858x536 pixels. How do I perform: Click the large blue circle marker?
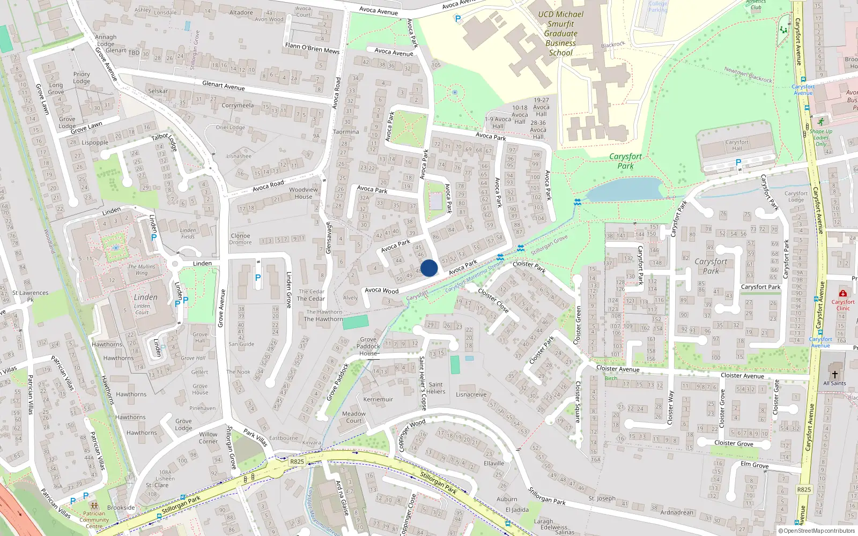[x=429, y=268]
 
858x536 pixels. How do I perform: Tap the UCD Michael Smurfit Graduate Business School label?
[x=560, y=33]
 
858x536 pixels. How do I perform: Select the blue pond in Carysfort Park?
[x=625, y=189]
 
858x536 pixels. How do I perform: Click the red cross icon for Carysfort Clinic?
[x=843, y=294]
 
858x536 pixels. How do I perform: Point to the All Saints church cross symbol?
[x=834, y=374]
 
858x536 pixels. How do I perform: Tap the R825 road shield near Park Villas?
[x=297, y=461]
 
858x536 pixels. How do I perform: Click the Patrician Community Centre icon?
[x=94, y=506]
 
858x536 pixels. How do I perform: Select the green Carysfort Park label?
[x=625, y=161]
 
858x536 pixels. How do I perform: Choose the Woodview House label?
[x=304, y=193]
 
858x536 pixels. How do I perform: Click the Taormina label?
[x=346, y=132]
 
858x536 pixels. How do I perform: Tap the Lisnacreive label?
[x=471, y=394]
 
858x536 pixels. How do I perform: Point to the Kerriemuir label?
[x=378, y=399]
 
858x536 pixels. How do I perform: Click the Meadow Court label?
[x=354, y=417]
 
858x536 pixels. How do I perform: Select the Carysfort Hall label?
[x=737, y=145]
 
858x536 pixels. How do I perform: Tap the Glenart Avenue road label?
[x=223, y=86]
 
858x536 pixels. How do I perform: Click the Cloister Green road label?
[x=578, y=325]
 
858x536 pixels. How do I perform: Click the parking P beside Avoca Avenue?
[x=457, y=19]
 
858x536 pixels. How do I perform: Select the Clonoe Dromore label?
[x=240, y=239]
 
